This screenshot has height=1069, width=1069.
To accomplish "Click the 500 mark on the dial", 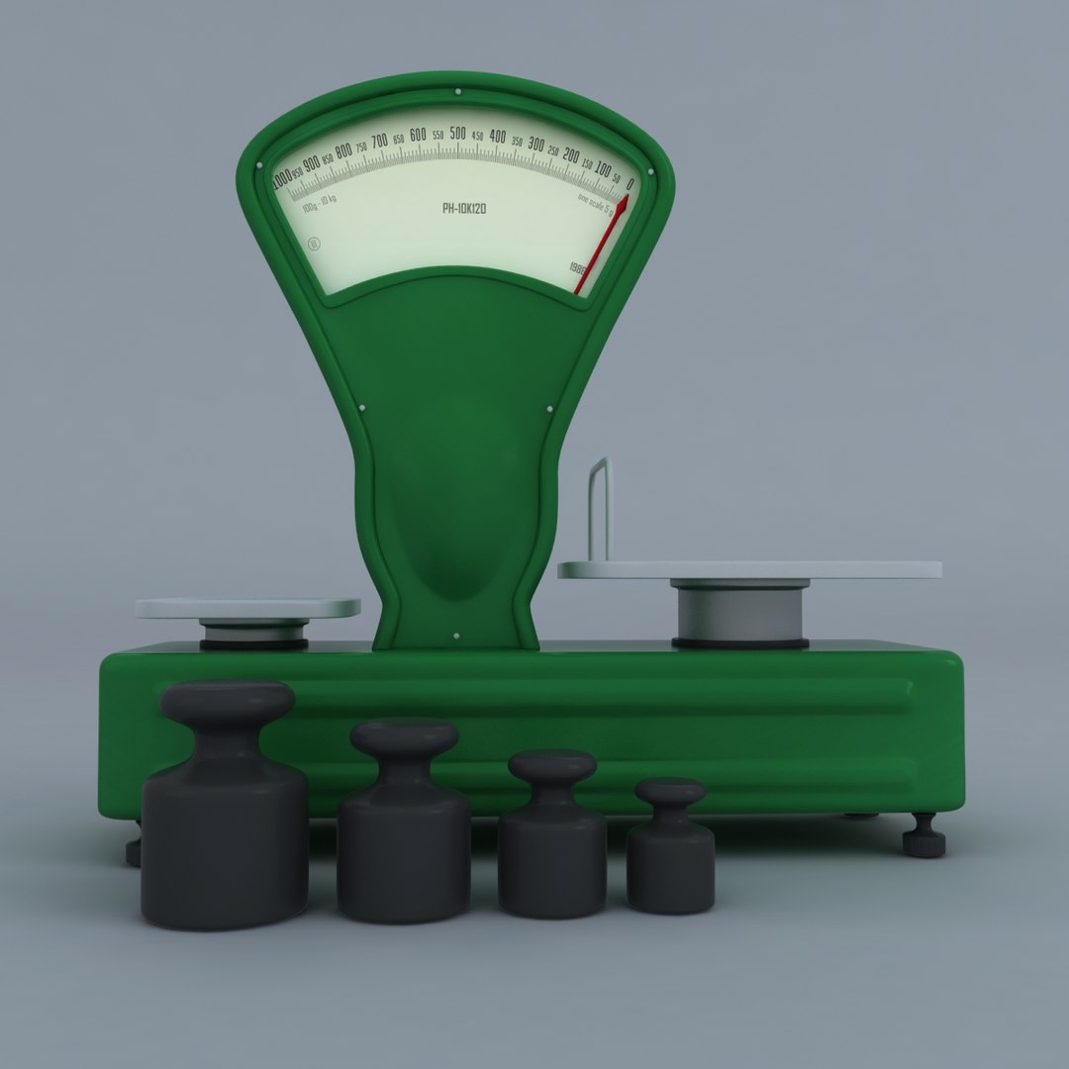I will [x=457, y=134].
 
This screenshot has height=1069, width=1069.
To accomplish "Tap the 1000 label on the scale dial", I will [x=282, y=180].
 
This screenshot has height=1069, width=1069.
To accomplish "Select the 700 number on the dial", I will [x=379, y=141].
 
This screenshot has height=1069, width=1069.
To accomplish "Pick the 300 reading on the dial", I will [x=535, y=145].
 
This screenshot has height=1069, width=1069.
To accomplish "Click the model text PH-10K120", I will [x=463, y=209].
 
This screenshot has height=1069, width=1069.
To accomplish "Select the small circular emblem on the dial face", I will [x=316, y=244].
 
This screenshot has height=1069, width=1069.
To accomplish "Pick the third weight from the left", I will [x=551, y=835].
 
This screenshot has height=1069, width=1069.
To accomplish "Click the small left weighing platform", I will [x=247, y=608].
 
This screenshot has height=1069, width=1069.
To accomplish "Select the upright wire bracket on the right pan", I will [x=600, y=510].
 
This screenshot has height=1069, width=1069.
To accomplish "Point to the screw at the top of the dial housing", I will [x=457, y=92].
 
